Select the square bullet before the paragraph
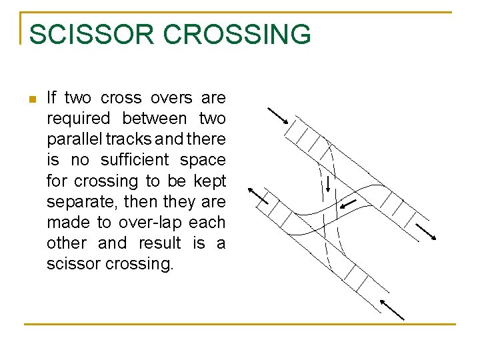tap(31, 100)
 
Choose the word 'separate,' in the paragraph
tap(74, 201)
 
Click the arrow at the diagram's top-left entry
tap(277, 116)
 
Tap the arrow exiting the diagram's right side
tap(427, 231)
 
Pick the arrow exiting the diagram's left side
tap(257, 194)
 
